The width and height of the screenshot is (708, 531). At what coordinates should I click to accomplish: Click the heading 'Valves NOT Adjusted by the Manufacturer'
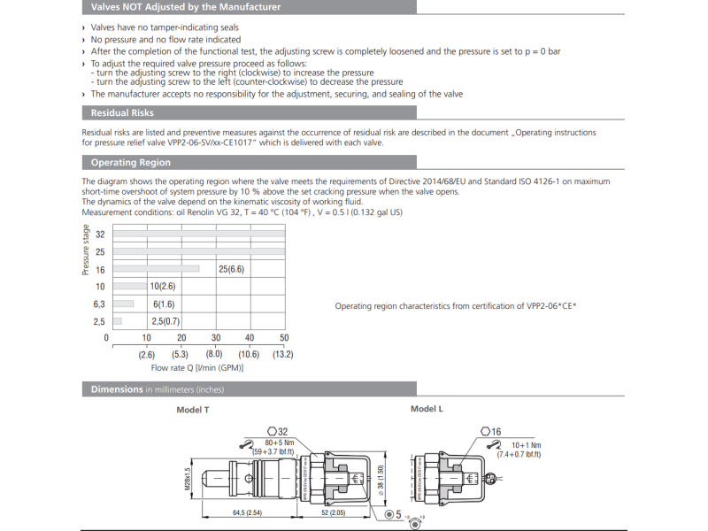click(186, 7)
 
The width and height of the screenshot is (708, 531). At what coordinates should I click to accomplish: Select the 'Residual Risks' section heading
click(122, 113)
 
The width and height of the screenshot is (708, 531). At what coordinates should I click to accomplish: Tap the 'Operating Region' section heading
click(130, 162)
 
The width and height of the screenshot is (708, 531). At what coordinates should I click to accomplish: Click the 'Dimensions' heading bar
click(117, 389)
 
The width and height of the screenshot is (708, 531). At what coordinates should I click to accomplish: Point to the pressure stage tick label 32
click(100, 235)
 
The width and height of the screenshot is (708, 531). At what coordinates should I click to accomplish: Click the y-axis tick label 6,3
click(99, 304)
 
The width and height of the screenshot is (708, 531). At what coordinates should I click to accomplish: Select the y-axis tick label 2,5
click(99, 322)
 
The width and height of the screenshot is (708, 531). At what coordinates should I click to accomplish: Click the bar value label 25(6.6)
click(231, 269)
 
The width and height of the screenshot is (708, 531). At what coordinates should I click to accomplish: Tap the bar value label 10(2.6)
click(163, 287)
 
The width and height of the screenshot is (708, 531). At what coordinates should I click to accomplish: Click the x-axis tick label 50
click(284, 338)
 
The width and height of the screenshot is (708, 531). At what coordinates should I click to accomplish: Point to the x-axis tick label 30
click(215, 338)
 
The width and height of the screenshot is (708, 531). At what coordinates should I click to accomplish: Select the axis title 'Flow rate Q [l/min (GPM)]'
click(197, 367)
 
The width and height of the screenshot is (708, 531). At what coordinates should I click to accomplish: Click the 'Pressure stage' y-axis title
click(86, 250)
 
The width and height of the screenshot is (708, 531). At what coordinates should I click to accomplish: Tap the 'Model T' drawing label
click(193, 411)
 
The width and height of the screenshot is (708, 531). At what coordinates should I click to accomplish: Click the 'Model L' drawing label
click(427, 409)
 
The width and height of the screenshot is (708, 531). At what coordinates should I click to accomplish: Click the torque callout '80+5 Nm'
click(281, 442)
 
